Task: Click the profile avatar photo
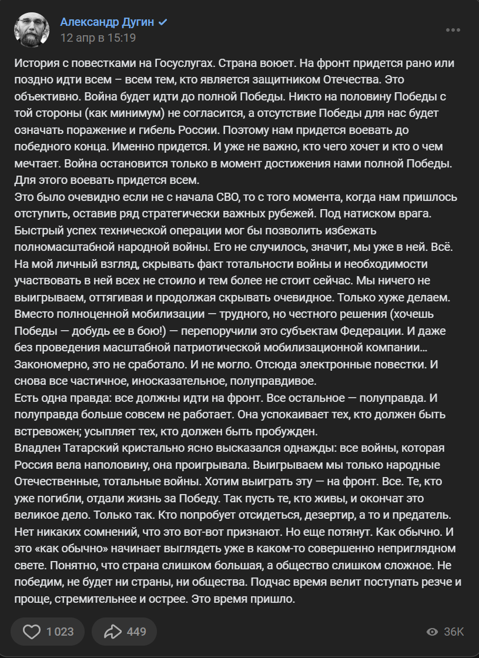pos(32,29)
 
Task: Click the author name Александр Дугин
pos(107,22)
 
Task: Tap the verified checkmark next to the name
pos(163,22)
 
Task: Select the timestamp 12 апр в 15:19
pos(98,38)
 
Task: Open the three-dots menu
pos(453,30)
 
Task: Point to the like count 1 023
pos(60,632)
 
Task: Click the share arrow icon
pos(112,632)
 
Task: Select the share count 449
pos(136,632)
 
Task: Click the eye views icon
pos(433,632)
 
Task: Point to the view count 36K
pos(454,632)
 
